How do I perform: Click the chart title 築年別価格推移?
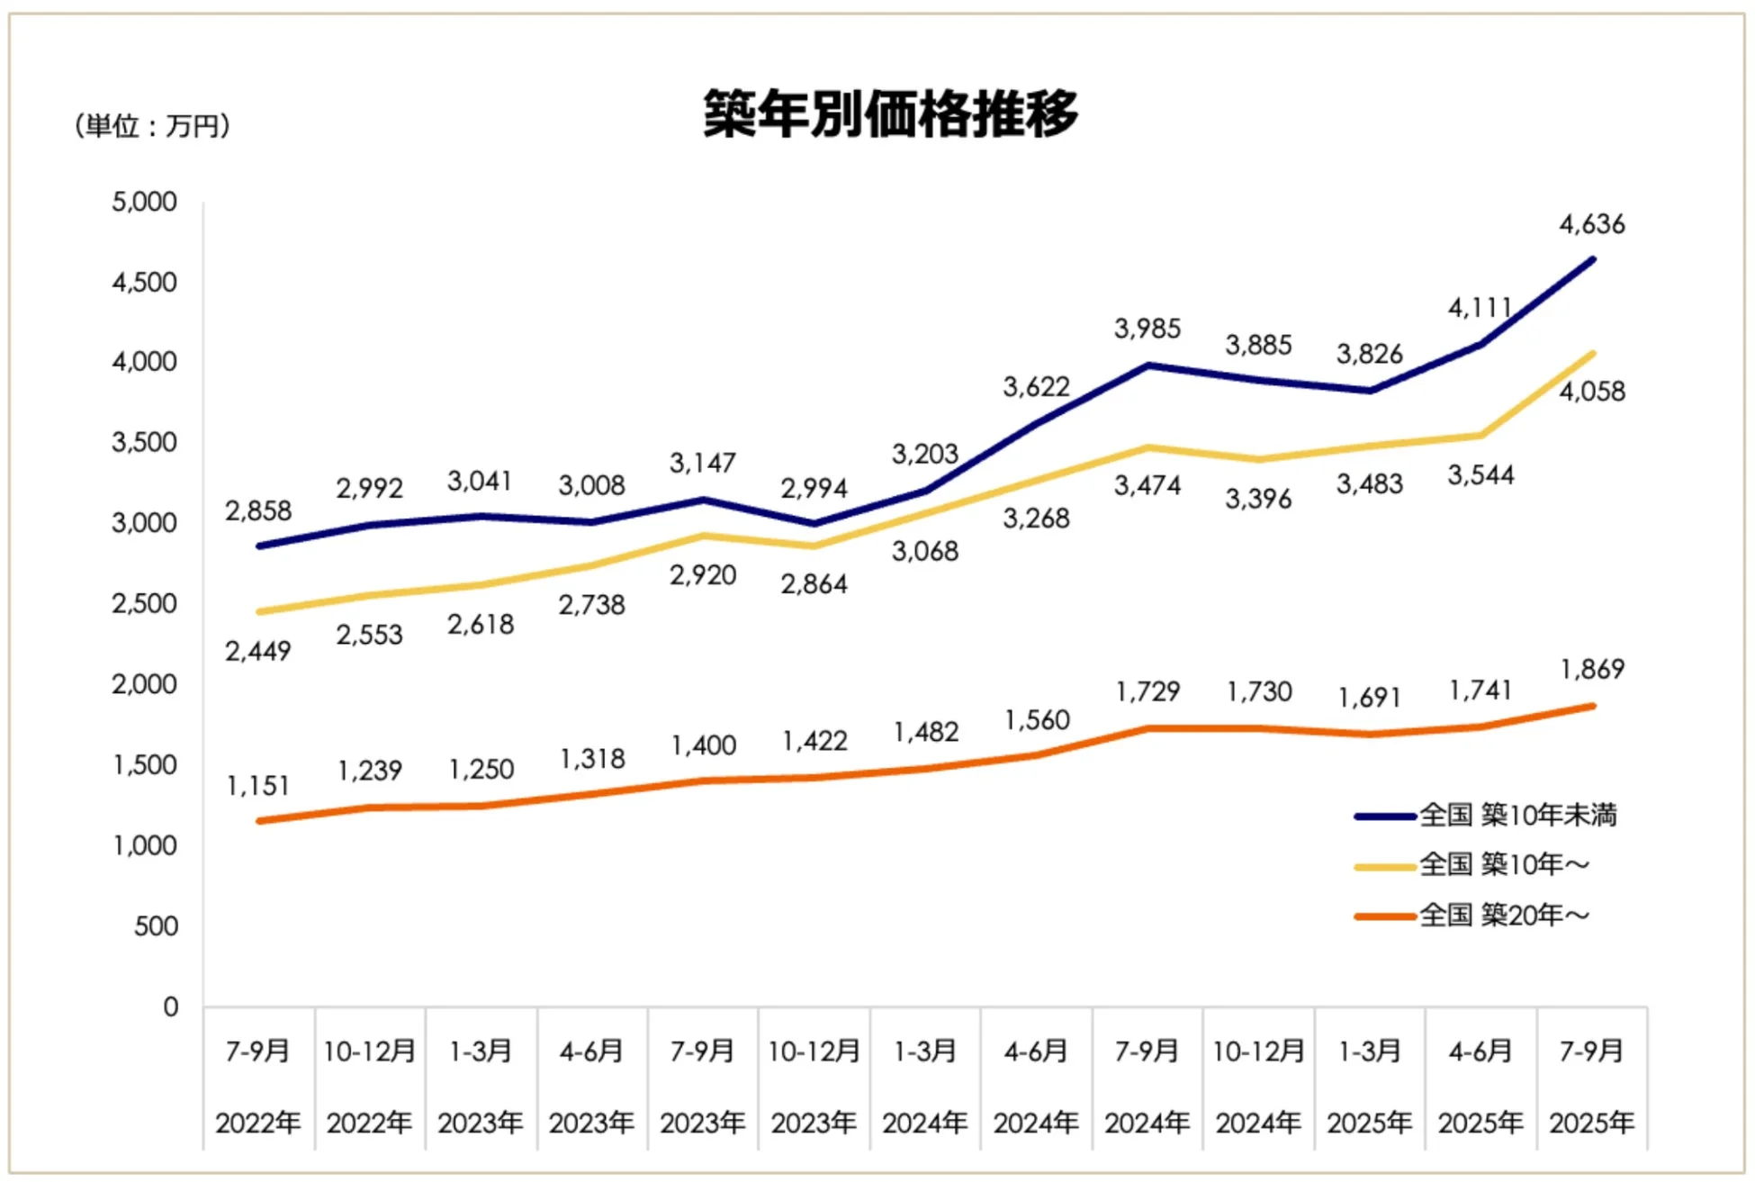point(890,114)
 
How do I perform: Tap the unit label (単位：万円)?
point(152,126)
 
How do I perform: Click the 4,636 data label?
point(1591,224)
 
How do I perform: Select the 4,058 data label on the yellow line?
point(1591,392)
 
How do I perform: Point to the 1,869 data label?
point(1591,670)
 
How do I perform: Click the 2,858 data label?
point(258,511)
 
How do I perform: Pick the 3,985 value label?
point(1147,329)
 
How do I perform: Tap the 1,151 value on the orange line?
point(258,786)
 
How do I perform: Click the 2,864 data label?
point(814,584)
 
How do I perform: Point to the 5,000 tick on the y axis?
point(144,202)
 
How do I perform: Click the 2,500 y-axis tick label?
point(144,603)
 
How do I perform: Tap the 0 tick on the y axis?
point(170,1006)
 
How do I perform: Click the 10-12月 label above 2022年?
point(369,1051)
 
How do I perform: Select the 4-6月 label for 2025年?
point(1480,1051)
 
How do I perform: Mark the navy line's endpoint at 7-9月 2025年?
point(1592,260)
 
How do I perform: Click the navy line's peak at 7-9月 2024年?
point(1147,365)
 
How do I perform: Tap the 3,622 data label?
point(1036,387)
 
